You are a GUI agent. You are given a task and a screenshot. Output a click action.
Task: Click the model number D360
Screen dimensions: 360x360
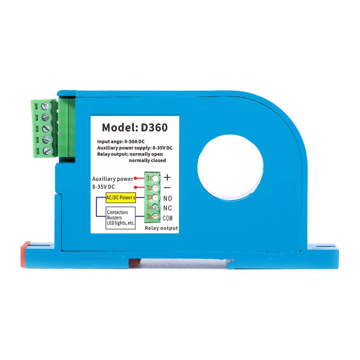pos(154,127)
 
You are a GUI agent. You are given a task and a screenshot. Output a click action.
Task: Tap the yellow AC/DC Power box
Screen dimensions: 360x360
pos(121,198)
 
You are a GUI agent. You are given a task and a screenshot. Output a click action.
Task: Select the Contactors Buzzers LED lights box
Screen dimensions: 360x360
pos(121,218)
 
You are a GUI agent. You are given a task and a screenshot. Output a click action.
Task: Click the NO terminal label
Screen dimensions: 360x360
pos(168,198)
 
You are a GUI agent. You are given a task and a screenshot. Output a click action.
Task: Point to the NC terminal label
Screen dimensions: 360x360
pos(168,208)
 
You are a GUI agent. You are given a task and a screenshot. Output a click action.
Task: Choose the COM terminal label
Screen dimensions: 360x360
pos(168,218)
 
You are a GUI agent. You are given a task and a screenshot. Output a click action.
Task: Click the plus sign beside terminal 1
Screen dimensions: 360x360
pos(167,177)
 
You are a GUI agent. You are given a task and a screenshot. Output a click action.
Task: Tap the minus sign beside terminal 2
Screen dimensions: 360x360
pos(167,188)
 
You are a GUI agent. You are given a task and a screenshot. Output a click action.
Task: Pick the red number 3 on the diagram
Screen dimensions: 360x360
pos(150,197)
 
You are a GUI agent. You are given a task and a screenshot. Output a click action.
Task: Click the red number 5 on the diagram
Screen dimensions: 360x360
pos(150,217)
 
